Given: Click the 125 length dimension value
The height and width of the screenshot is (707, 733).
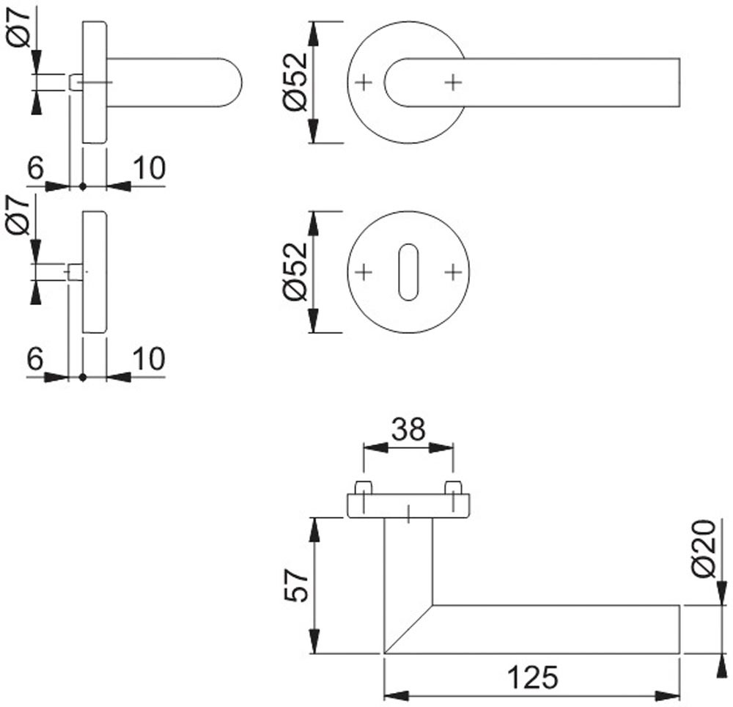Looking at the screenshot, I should [531, 677].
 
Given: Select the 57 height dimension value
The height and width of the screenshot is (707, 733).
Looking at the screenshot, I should [296, 585].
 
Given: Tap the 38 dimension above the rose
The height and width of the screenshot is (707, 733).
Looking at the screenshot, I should [408, 430].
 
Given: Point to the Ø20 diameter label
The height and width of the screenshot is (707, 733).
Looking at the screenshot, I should [703, 549].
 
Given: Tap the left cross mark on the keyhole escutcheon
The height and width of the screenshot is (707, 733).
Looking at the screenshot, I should [364, 273].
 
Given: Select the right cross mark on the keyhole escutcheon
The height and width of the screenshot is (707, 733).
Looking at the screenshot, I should [453, 273].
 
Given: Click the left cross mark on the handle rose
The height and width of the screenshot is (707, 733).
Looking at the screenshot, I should [364, 82].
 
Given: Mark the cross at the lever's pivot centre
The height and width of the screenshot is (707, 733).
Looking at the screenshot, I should [453, 82].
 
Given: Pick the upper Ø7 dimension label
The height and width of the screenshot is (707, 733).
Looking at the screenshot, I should [20, 27].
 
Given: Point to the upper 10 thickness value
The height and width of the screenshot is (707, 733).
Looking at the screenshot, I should [149, 169].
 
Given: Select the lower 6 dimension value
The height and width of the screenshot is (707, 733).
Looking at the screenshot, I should [35, 359].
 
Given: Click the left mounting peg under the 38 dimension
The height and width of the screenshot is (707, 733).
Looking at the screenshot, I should [364, 487].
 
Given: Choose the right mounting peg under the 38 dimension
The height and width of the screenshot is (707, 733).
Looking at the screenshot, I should [453, 487].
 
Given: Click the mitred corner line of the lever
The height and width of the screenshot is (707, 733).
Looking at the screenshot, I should [408, 629].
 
